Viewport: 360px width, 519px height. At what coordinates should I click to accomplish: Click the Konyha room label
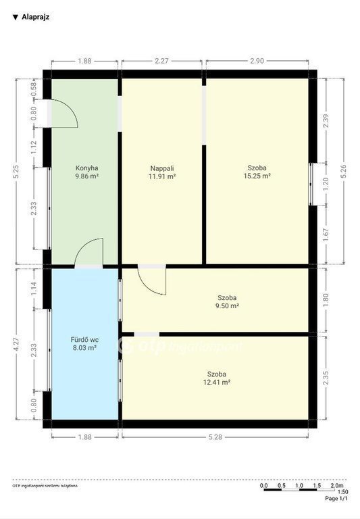[x=86, y=168]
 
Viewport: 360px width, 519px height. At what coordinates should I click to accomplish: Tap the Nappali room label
[x=162, y=168]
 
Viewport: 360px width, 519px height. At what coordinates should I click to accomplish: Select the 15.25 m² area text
[x=257, y=176]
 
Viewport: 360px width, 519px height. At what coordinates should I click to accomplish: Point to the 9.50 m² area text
[x=227, y=306]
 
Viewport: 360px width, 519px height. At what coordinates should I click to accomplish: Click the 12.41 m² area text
[x=217, y=382]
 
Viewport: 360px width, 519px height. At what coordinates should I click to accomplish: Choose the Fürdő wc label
[x=84, y=340]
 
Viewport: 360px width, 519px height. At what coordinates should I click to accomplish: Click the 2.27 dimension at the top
[x=162, y=61]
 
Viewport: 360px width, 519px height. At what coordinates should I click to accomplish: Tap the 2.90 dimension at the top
[x=257, y=61]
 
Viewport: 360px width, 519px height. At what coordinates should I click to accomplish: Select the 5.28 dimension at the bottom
[x=215, y=437]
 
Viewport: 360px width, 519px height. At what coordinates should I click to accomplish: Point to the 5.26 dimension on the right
[x=344, y=172]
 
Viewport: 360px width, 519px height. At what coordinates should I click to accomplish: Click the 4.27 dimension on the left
[x=16, y=344]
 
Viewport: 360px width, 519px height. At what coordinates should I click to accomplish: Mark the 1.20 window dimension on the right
[x=326, y=184]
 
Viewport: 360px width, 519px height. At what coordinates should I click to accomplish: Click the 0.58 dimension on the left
[x=34, y=89]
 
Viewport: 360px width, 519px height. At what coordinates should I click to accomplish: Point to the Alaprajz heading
[x=35, y=17]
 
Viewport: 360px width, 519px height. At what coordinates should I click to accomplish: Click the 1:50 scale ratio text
[x=343, y=492]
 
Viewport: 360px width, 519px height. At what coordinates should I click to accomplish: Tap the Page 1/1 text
[x=336, y=499]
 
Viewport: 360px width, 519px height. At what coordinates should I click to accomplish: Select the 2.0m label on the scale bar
[x=337, y=486]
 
